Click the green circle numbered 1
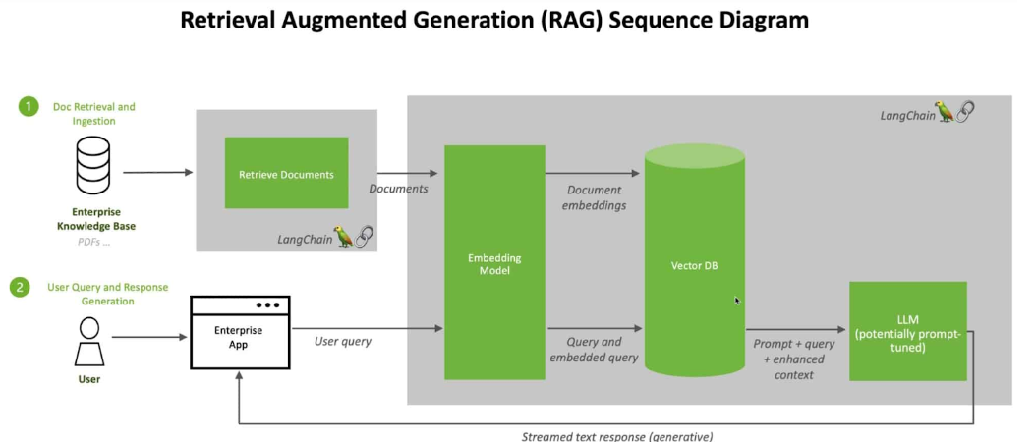coord(29,107)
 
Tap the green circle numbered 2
coord(21,288)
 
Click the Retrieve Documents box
coord(286,173)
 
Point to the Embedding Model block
coord(494,262)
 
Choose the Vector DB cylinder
coord(694,259)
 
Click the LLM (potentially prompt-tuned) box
coord(907,331)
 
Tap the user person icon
coord(89,341)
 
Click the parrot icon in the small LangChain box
coord(344,237)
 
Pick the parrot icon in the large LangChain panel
coord(947,112)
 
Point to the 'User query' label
coord(343,341)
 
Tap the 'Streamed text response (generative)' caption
coord(617,436)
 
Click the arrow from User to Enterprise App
coord(149,337)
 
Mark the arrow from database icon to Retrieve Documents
coord(158,173)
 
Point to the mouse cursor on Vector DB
coord(737,301)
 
